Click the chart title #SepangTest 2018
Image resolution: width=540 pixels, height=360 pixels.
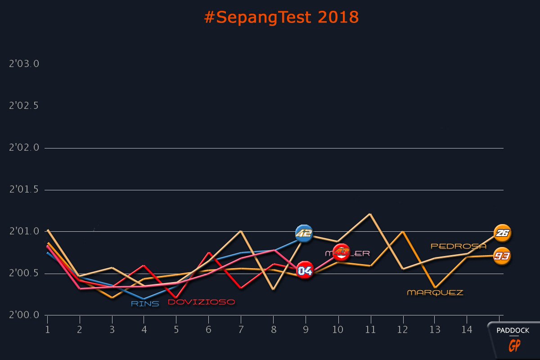pos(281,17)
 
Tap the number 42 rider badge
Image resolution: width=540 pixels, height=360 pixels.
pos(304,233)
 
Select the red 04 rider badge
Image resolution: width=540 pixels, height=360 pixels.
pos(305,270)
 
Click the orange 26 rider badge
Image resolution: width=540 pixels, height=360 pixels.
pos(502,233)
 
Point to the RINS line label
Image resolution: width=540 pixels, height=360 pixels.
pos(145,304)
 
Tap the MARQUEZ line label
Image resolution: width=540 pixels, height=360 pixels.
pos(435,292)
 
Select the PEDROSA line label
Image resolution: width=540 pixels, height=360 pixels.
pos(459,246)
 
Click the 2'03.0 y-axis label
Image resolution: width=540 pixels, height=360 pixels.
pos(24,64)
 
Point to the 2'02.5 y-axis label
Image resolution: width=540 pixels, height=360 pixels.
pos(24,106)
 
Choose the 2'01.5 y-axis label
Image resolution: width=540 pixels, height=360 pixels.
pos(24,189)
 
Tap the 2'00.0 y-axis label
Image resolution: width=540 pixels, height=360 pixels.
pos(24,315)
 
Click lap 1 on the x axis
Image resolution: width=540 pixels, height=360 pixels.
pos(47,330)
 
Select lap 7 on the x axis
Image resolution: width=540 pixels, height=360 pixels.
pos(241,330)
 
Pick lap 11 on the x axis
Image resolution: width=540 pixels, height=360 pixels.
pos(370,330)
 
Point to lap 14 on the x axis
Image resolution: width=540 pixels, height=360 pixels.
pos(467,330)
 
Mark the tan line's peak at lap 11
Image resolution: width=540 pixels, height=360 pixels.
pos(370,214)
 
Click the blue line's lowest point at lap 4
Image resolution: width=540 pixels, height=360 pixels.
pos(144,299)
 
